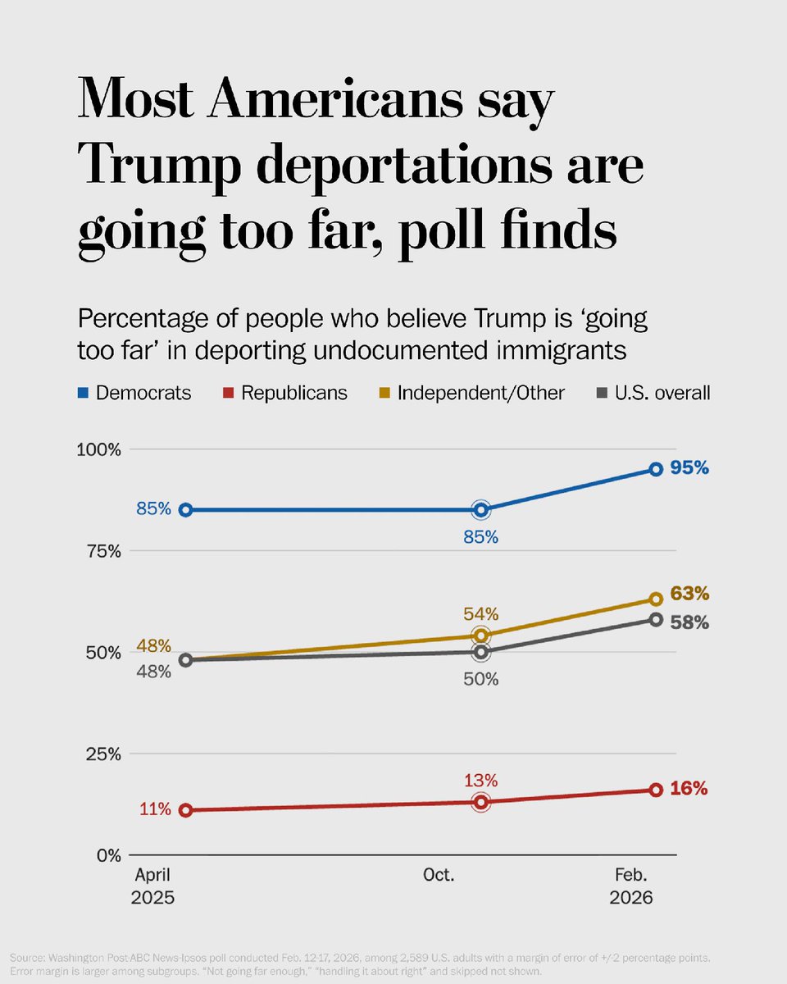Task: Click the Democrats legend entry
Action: coord(135,393)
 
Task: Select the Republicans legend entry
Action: coord(285,393)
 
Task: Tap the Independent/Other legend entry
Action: coord(472,393)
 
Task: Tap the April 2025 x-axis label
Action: coord(152,886)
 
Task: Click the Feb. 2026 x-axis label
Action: coord(631,886)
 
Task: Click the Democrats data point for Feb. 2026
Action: coord(656,469)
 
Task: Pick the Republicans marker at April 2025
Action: coord(186,810)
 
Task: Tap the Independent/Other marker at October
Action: coord(481,635)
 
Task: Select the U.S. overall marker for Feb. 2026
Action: coord(656,619)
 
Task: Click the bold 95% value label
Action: coord(689,469)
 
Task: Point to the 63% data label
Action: coord(689,594)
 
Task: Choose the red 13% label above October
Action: coord(481,780)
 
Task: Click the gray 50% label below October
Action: coord(481,679)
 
